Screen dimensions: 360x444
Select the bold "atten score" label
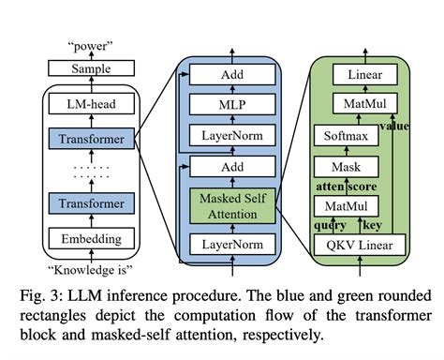(347, 187)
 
